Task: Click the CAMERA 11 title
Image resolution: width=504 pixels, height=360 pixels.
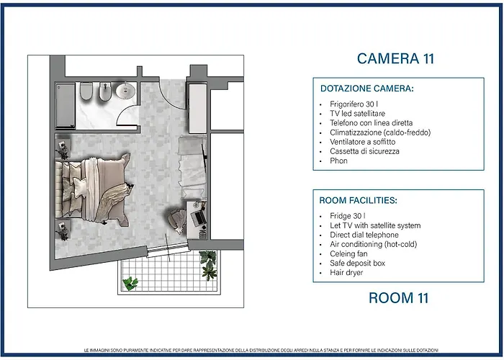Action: pyautogui.click(x=395, y=58)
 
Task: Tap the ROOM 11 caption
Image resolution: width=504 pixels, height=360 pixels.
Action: pyautogui.click(x=399, y=297)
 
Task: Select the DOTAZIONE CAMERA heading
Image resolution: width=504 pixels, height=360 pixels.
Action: pyautogui.click(x=366, y=89)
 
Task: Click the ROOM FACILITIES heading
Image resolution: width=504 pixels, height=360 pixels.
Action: pyautogui.click(x=358, y=200)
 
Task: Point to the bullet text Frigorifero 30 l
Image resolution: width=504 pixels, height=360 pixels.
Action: pyautogui.click(x=354, y=104)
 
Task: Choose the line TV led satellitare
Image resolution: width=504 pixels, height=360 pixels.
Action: pyautogui.click(x=357, y=114)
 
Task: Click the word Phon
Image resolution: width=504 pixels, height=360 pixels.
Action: pyautogui.click(x=338, y=161)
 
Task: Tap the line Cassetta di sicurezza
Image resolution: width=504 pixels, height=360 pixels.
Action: pyautogui.click(x=364, y=151)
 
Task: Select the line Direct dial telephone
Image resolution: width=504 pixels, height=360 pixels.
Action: pyautogui.click(x=364, y=235)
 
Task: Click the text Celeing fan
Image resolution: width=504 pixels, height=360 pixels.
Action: pyautogui.click(x=348, y=253)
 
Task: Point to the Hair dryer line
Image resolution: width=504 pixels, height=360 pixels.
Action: pyautogui.click(x=346, y=273)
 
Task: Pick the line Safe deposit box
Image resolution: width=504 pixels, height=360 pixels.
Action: pyautogui.click(x=357, y=263)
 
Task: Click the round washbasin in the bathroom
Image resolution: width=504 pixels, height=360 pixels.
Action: pyautogui.click(x=125, y=90)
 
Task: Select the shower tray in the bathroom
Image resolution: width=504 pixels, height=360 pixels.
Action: pyautogui.click(x=66, y=105)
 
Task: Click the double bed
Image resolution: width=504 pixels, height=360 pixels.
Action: pyautogui.click(x=93, y=189)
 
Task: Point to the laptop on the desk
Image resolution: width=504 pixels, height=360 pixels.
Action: pyautogui.click(x=199, y=217)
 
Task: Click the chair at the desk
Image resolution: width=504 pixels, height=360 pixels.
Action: pyautogui.click(x=177, y=219)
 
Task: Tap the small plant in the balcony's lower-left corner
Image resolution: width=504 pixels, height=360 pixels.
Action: pyautogui.click(x=130, y=283)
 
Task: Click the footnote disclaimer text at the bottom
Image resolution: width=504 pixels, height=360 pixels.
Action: pyautogui.click(x=261, y=350)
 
